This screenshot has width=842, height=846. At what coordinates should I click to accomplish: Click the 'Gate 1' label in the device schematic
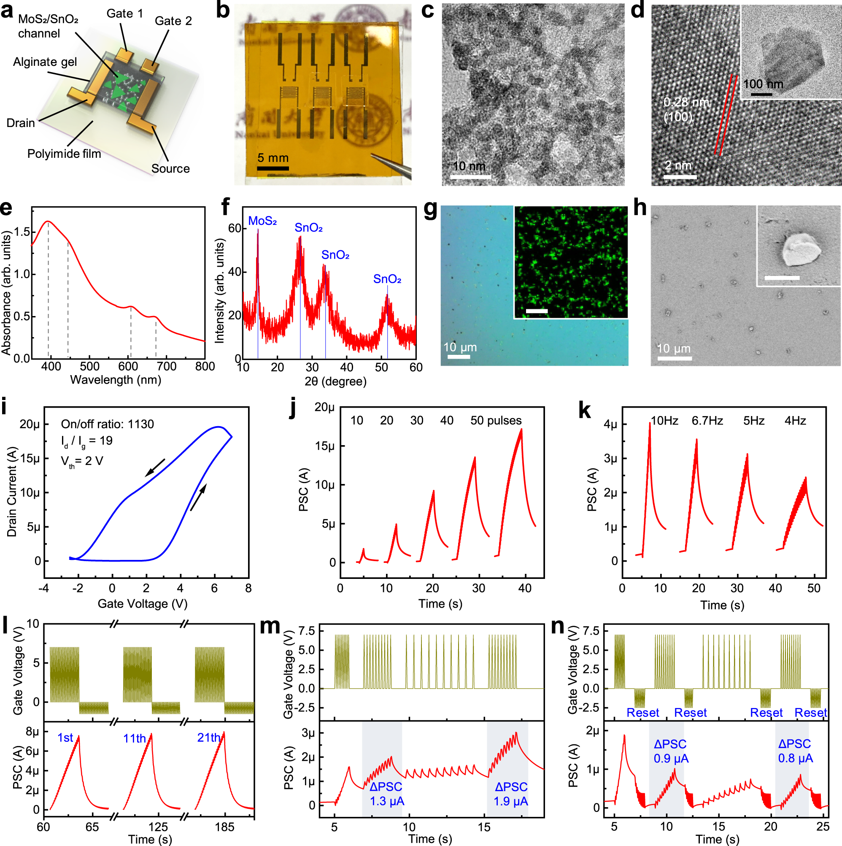pos(125,14)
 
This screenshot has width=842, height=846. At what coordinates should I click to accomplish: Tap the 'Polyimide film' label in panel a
pos(64,154)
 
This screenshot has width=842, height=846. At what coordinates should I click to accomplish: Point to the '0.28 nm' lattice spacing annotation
pos(685,102)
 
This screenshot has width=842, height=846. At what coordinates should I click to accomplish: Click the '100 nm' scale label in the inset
pos(763,84)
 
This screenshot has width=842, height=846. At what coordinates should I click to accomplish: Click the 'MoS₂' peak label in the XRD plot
pos(262,221)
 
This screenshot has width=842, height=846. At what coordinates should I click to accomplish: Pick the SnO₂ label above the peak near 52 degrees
pos(387,279)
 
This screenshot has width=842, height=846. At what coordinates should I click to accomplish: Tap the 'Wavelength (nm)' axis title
pos(116,380)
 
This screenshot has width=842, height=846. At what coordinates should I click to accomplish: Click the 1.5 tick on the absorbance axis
pos(22,232)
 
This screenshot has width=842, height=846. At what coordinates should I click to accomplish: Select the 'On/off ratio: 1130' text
pos(107,424)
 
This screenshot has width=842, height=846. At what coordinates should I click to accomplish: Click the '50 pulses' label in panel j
pos(496,420)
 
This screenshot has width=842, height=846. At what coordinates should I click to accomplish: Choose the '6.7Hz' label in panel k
pos(707,420)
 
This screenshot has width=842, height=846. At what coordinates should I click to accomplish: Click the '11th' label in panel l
pos(134,738)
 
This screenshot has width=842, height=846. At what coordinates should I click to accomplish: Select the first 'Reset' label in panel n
pos(642,712)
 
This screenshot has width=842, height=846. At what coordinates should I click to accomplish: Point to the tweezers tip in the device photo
pos(373,154)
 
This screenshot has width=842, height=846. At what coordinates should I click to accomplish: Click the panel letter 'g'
pos(430,210)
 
